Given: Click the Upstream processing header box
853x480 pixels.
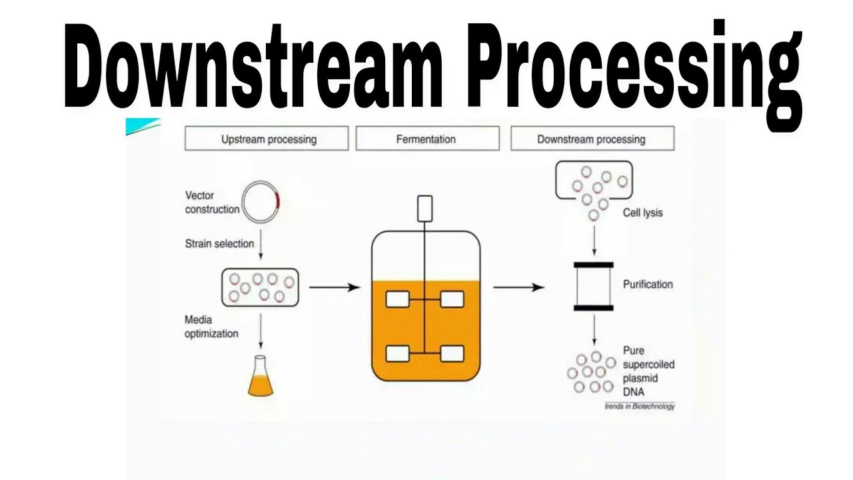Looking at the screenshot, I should click(269, 139).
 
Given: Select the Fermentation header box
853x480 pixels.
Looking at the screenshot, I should click(426, 139).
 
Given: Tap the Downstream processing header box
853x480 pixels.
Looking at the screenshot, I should click(591, 139).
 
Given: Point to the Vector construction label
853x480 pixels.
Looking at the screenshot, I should click(212, 203).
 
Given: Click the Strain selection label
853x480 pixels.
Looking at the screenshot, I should click(219, 244).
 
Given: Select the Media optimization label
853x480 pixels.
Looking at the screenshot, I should click(211, 327).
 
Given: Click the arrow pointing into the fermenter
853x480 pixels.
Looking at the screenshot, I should click(335, 287).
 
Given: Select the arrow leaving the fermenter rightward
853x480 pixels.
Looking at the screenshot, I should click(518, 287).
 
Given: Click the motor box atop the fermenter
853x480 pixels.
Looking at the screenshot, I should click(425, 209).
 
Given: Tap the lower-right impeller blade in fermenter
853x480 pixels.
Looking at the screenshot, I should click(452, 353).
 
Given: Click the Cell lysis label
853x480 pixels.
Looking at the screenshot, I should click(642, 213).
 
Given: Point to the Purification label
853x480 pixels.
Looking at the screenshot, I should click(648, 285).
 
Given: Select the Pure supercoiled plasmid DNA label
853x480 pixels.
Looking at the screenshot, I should click(648, 371).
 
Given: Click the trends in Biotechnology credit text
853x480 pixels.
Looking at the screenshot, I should click(639, 406).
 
